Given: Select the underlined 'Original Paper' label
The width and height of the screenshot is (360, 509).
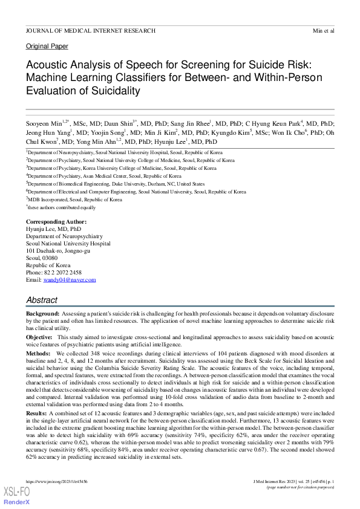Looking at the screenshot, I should (47, 47).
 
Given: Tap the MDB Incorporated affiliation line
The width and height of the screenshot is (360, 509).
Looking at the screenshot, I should (74, 199).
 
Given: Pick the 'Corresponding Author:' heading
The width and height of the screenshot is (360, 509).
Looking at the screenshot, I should (52, 222).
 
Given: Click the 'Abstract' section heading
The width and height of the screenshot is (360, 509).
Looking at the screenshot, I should (42, 300).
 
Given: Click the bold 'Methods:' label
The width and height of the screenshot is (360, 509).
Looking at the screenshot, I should (38, 352).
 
